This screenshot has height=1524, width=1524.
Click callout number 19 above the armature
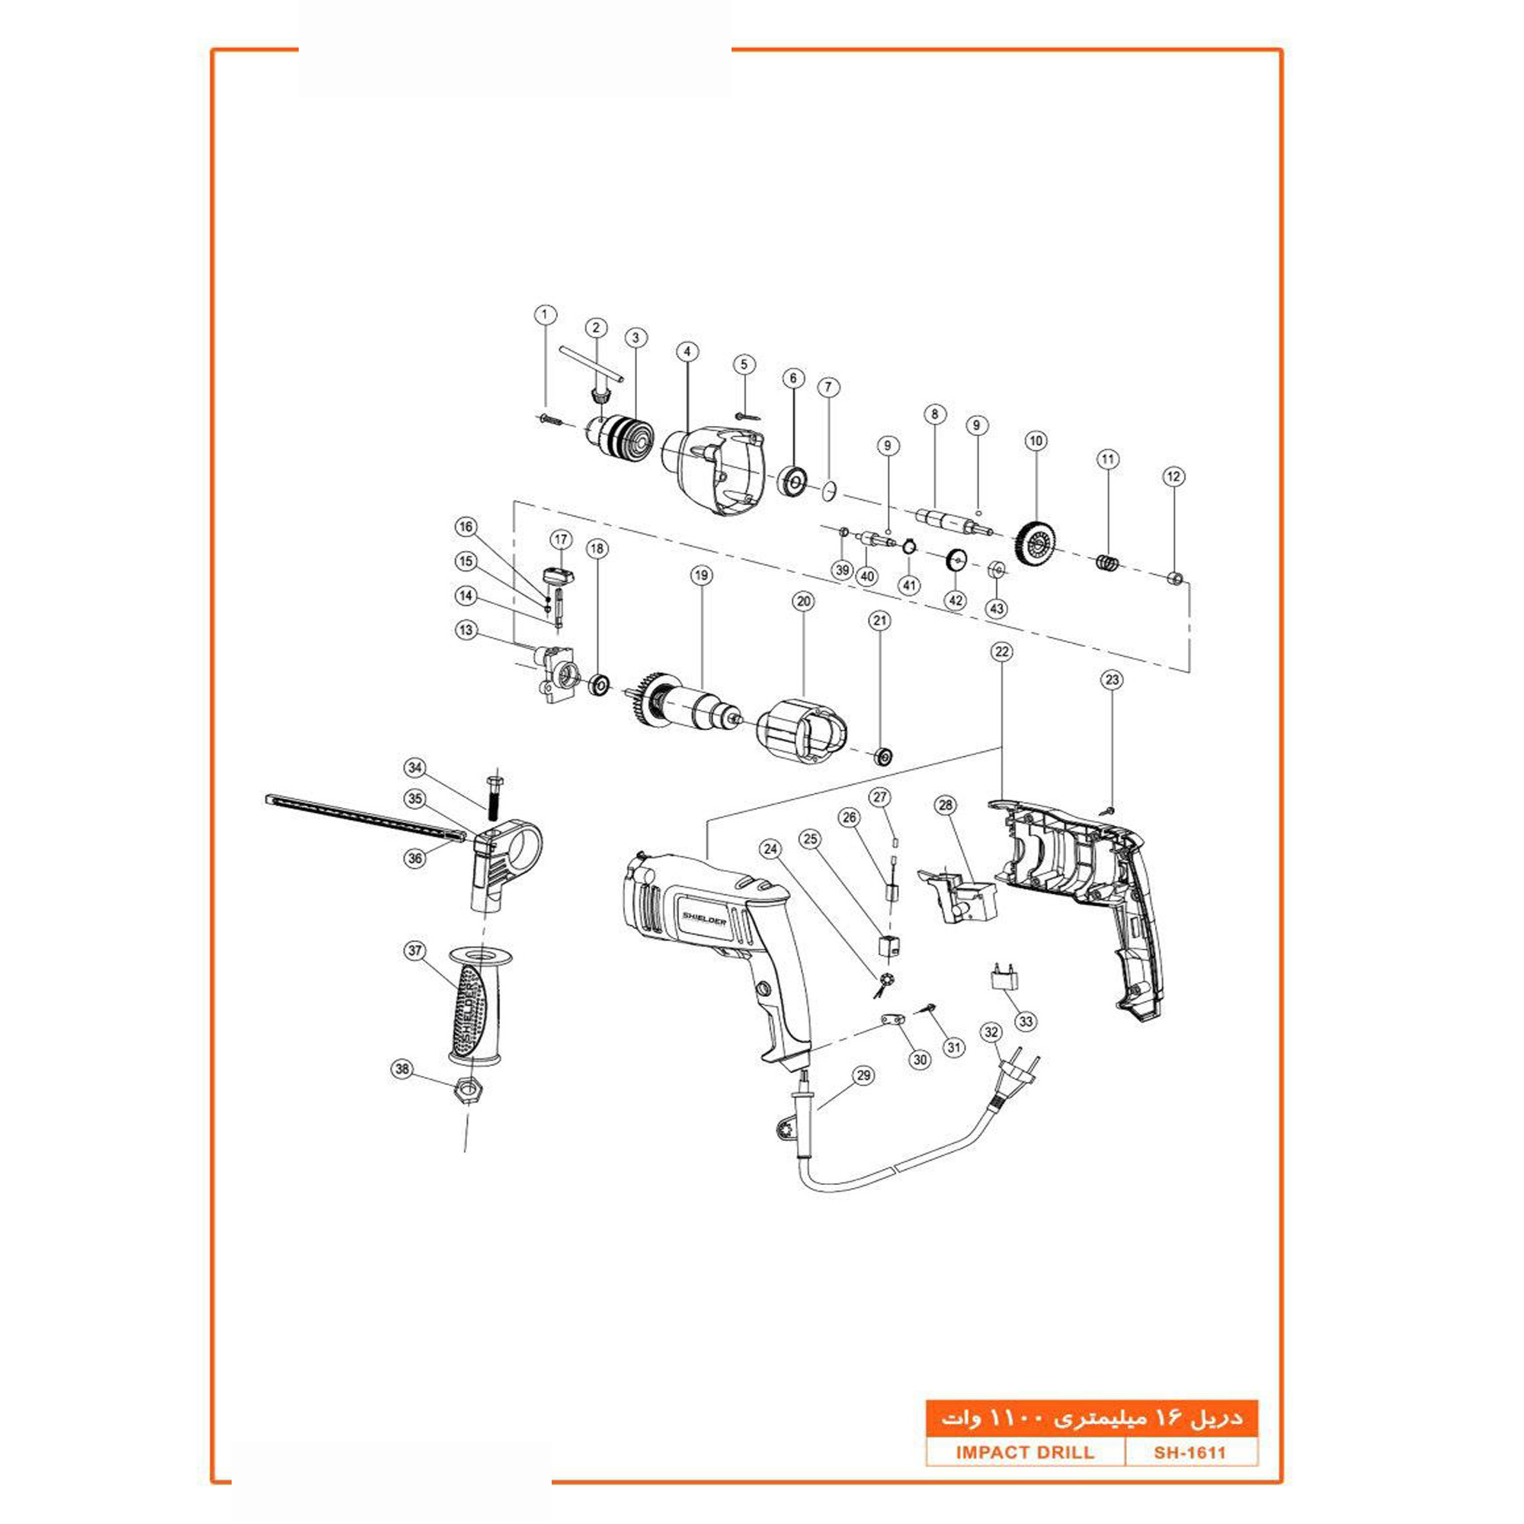pyautogui.click(x=701, y=576)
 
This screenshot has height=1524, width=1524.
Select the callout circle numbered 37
pyautogui.click(x=415, y=950)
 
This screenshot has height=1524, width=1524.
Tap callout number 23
pyautogui.click(x=1112, y=680)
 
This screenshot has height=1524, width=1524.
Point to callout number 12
pyautogui.click(x=1173, y=476)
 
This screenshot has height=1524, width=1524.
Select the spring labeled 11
pyautogui.click(x=1108, y=563)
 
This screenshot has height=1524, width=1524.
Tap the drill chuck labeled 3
pyautogui.click(x=629, y=439)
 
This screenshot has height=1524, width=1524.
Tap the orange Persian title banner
pyautogui.click(x=1092, y=1418)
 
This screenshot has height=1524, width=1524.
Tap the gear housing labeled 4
pyautogui.click(x=714, y=471)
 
